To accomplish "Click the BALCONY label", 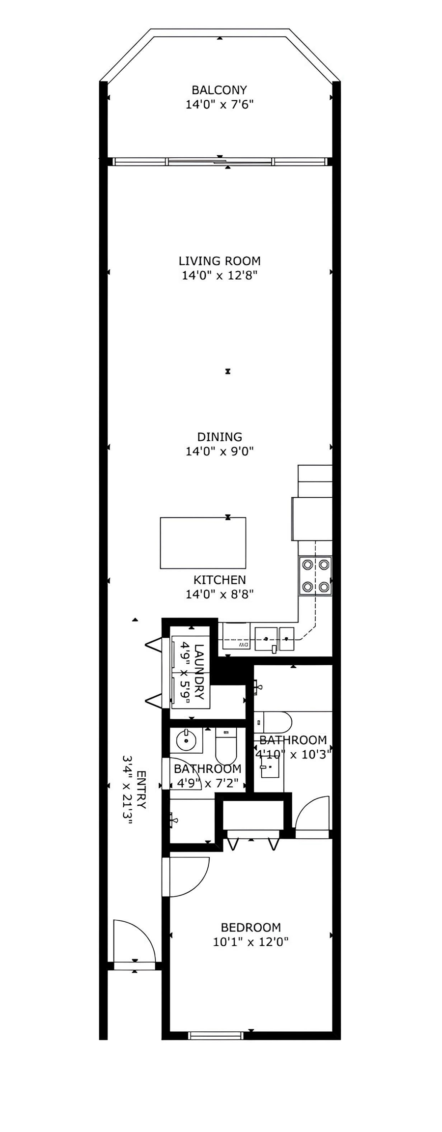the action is (219, 90).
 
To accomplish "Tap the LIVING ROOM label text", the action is (220, 261).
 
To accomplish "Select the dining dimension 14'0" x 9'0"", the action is (219, 451).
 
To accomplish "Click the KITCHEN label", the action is (220, 580).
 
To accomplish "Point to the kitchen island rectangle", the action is (203, 542).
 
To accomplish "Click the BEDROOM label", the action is (251, 927).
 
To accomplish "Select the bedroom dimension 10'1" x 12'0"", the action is (250, 942).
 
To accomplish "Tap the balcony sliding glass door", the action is (220, 161).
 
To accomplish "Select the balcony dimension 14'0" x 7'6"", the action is (219, 104).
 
